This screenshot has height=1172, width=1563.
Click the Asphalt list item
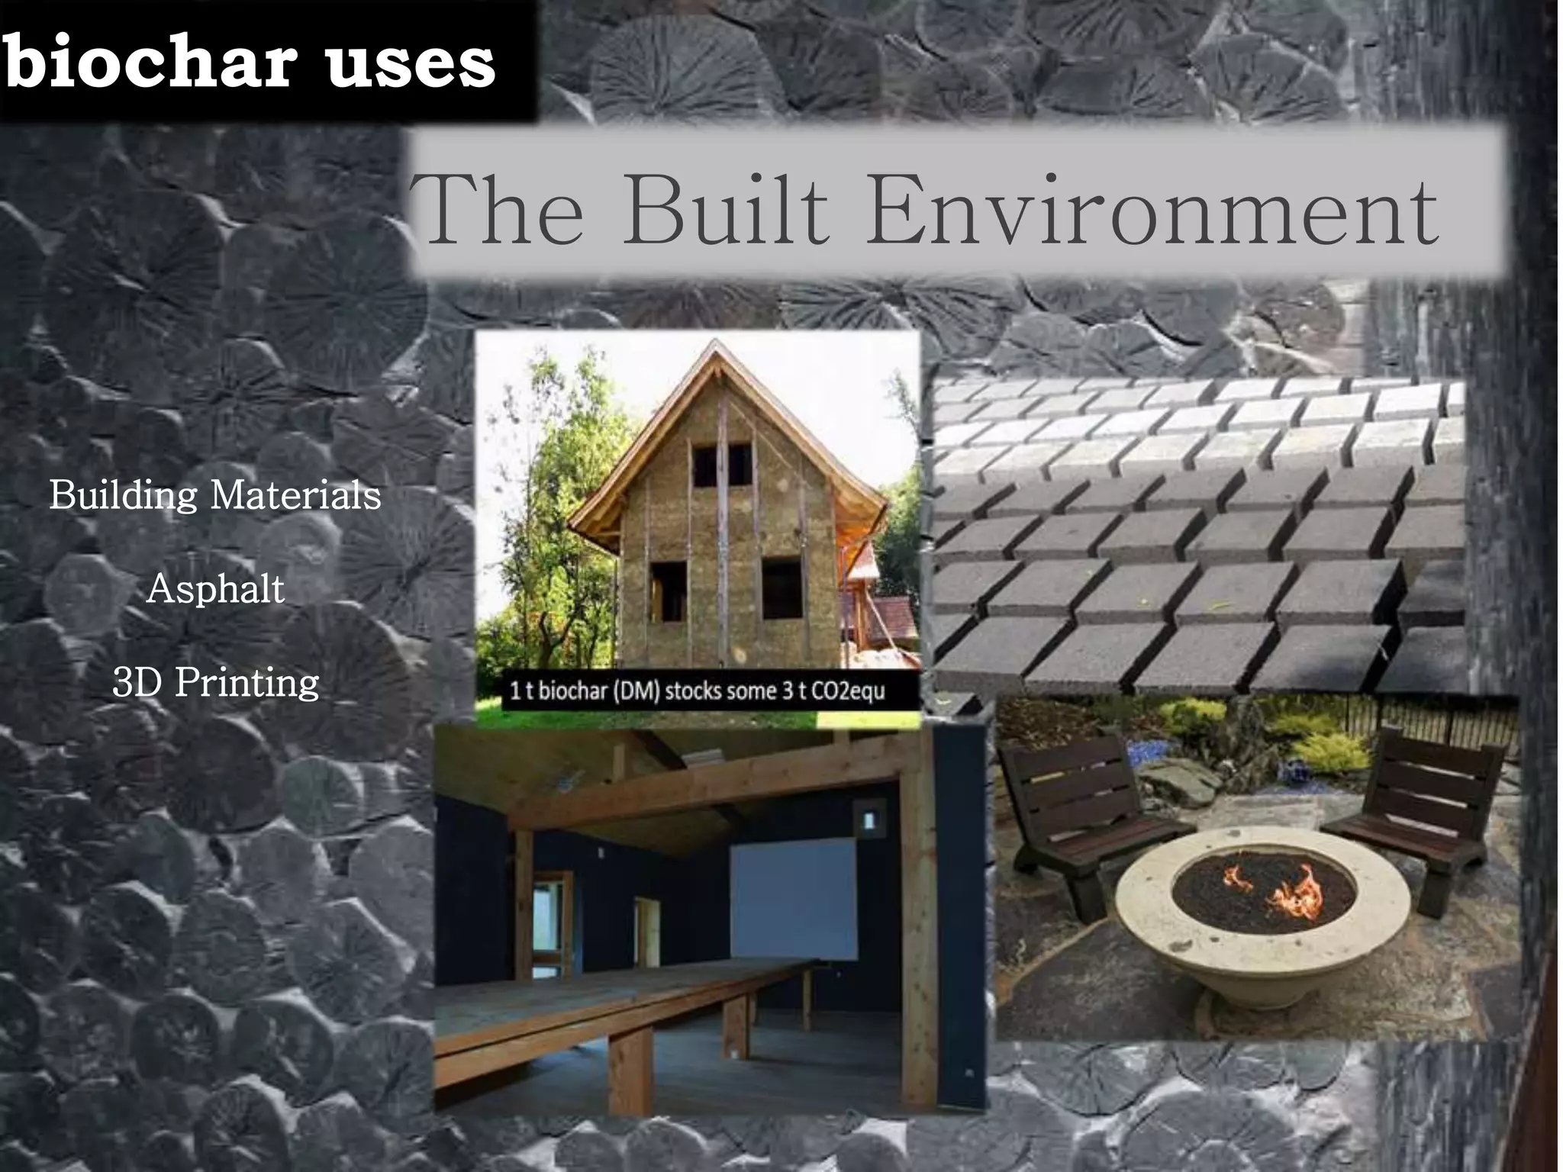coord(215,589)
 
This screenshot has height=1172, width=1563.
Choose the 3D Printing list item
coord(215,682)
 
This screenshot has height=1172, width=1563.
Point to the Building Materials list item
coord(215,495)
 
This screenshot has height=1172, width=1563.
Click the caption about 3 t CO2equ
coord(697,691)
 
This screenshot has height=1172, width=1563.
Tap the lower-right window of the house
coord(781,588)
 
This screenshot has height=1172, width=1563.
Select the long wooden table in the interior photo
coord(611,1000)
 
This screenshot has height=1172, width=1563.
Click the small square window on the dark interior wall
coord(869,819)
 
